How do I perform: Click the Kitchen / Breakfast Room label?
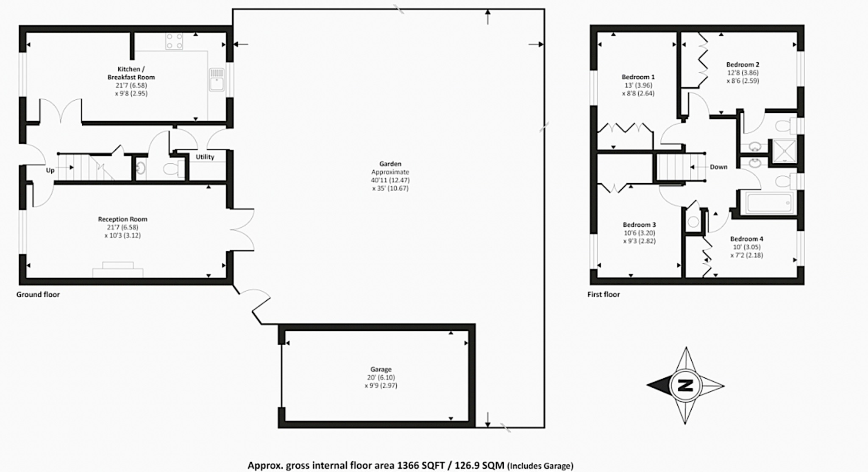coord(131,73)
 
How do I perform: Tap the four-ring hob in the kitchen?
coord(174,41)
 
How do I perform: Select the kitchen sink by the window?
coord(217,80)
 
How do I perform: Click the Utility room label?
coord(205,157)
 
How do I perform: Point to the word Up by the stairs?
coord(50,170)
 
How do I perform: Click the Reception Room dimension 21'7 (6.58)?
coord(122,227)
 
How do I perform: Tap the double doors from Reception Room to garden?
coord(242,230)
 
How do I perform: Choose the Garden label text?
coord(390,164)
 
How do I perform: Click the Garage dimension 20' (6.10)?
coord(381,377)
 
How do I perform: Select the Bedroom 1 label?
coord(638,77)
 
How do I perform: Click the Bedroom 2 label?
coord(743,64)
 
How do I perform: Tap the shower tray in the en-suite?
coord(785,151)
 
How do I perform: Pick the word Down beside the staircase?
coord(718,167)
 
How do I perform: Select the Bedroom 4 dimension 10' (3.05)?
coord(746,247)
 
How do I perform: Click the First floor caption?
coord(603,294)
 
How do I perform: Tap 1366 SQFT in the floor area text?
coord(420,465)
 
